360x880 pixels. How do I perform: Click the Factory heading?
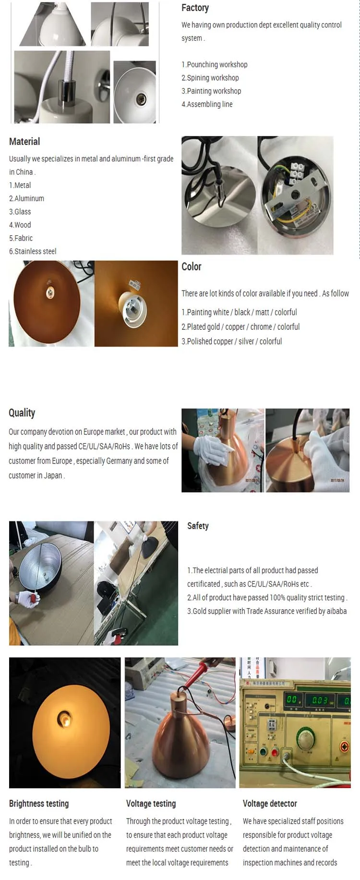pyautogui.click(x=195, y=8)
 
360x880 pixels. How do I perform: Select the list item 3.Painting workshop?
pyautogui.click(x=211, y=91)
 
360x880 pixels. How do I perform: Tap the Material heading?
pyautogui.click(x=24, y=142)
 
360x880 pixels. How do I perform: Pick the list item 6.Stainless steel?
pyautogui.click(x=33, y=251)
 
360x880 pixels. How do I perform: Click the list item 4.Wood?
pyautogui.click(x=20, y=225)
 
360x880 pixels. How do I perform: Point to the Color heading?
pyautogui.click(x=191, y=266)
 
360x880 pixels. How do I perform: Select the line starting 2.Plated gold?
pyautogui.click(x=240, y=326)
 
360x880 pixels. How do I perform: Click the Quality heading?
pyautogui.click(x=22, y=413)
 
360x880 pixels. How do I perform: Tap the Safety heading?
pyautogui.click(x=198, y=526)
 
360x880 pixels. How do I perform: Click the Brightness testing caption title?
pyautogui.click(x=39, y=804)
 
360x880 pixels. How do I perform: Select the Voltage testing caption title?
pyautogui.click(x=151, y=804)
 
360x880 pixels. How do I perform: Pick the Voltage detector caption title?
pyautogui.click(x=270, y=804)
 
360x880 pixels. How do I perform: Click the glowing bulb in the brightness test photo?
pyautogui.click(x=64, y=719)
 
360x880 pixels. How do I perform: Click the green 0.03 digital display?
pyautogui.click(x=320, y=700)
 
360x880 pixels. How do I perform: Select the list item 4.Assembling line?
pyautogui.click(x=207, y=104)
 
